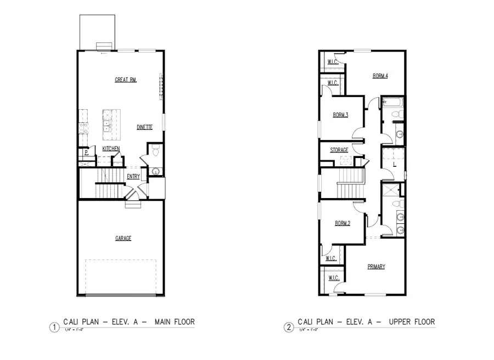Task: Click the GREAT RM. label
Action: (x=126, y=80)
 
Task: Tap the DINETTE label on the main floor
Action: (x=144, y=127)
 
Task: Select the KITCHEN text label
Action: (x=111, y=149)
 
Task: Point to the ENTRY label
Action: (x=133, y=176)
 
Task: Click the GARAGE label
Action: (x=123, y=238)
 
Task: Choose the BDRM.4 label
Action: (x=380, y=76)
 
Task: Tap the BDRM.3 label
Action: (x=341, y=115)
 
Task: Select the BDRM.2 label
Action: (x=343, y=223)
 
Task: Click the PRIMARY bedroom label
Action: (x=376, y=267)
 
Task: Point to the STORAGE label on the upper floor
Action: (x=339, y=150)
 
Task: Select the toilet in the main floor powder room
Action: (x=155, y=150)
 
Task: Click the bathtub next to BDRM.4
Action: (x=392, y=102)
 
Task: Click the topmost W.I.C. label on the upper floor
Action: (x=333, y=62)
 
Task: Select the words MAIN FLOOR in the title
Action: (x=174, y=322)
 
